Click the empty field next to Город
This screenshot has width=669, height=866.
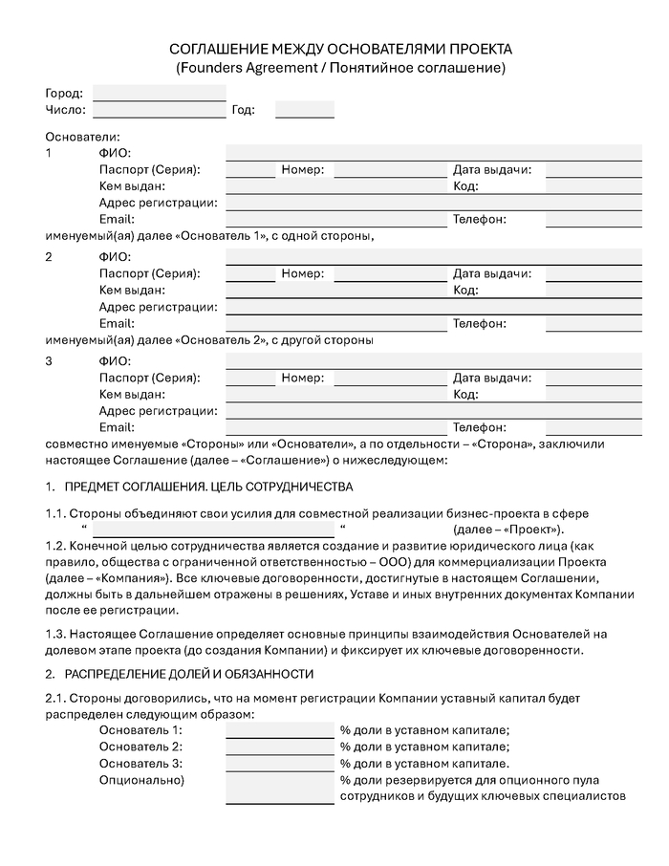(x=159, y=94)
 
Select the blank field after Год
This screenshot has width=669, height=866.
(x=304, y=110)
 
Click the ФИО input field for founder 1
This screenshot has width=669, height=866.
(x=433, y=153)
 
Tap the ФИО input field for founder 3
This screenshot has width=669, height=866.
(x=433, y=361)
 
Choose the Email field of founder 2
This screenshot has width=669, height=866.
(x=336, y=324)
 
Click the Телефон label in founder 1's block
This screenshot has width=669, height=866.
(x=480, y=220)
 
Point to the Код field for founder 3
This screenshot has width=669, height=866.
(x=593, y=395)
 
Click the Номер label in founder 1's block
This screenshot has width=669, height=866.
(x=302, y=170)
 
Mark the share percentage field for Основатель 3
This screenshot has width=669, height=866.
(x=280, y=763)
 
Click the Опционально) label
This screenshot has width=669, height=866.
(x=141, y=780)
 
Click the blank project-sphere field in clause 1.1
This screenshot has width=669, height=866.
(x=212, y=530)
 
